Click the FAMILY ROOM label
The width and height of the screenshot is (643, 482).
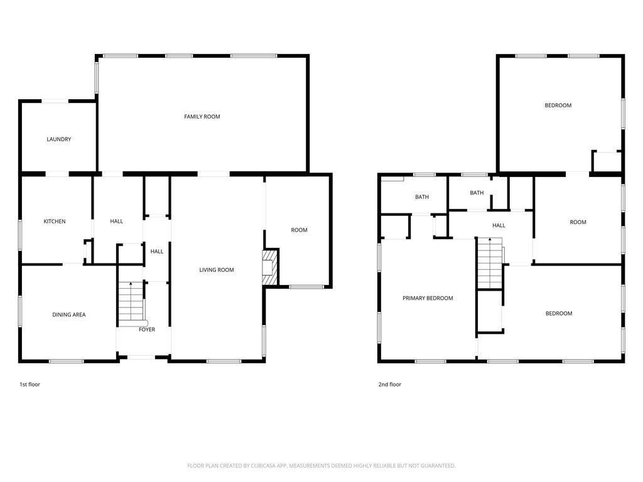click(x=202, y=117)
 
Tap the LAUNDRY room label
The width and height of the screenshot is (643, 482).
click(x=58, y=139)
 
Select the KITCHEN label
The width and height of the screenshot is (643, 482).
click(x=55, y=222)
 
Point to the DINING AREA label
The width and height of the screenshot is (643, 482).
click(x=69, y=315)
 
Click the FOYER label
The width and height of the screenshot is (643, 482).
click(x=147, y=329)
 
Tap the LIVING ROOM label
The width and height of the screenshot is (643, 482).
click(x=217, y=270)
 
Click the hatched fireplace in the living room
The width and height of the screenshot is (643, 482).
click(x=270, y=267)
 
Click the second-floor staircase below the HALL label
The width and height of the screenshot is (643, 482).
click(x=490, y=263)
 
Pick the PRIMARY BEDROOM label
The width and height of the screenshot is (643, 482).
click(x=428, y=298)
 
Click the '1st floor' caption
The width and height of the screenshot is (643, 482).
click(x=30, y=385)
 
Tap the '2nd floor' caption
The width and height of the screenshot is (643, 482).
click(x=389, y=385)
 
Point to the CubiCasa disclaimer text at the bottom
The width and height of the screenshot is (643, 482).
click(x=321, y=466)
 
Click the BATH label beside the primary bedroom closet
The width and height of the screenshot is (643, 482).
click(x=422, y=197)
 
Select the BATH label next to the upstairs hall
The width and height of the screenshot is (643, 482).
click(x=477, y=193)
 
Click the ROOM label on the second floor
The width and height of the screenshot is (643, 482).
click(x=578, y=222)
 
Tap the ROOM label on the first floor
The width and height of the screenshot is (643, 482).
click(x=299, y=230)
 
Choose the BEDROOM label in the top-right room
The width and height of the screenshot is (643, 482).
click(x=558, y=105)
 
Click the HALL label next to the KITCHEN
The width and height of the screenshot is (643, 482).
click(x=116, y=222)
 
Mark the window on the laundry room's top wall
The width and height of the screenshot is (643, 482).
click(x=55, y=101)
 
